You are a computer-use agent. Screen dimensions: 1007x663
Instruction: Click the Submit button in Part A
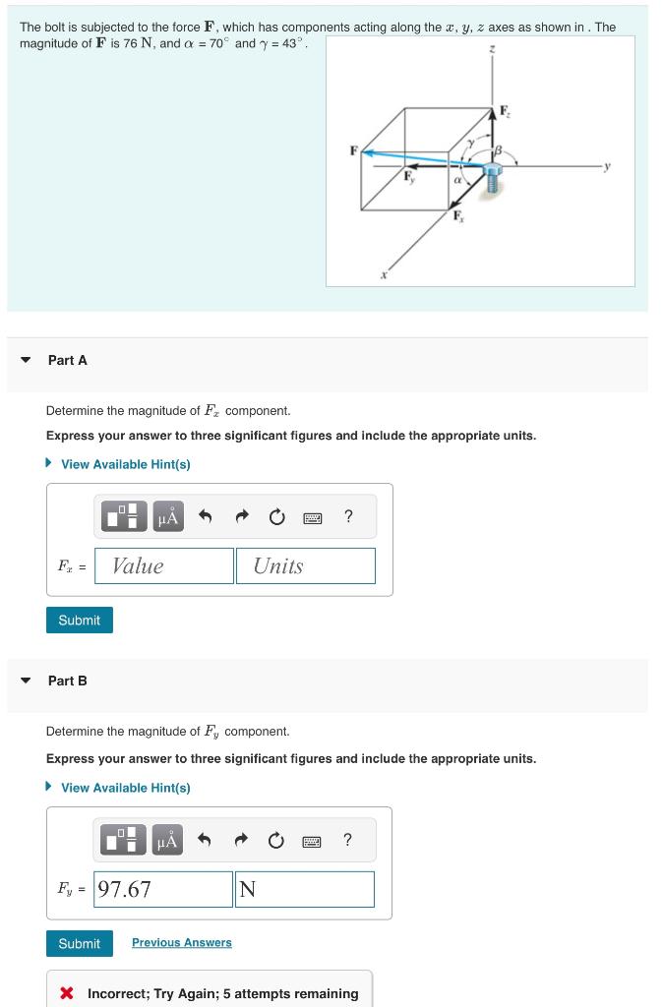[x=79, y=621]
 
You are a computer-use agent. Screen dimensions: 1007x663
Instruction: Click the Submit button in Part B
[x=79, y=943]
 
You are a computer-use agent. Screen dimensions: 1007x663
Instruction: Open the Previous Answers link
[x=182, y=943]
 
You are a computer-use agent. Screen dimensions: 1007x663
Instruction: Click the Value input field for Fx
[x=164, y=565]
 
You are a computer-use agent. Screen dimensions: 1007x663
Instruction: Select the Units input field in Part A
[x=305, y=565]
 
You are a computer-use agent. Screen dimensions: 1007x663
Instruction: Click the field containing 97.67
[x=164, y=889]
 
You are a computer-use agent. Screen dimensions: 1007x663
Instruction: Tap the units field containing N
[x=305, y=889]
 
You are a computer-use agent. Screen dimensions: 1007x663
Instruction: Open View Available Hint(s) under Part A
[x=125, y=464]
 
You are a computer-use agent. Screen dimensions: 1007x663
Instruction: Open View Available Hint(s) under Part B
[x=125, y=788]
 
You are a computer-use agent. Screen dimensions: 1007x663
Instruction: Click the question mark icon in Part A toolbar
[x=348, y=516]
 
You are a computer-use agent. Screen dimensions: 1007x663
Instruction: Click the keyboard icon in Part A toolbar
[x=313, y=517]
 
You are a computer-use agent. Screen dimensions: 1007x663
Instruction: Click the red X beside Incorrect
[x=67, y=993]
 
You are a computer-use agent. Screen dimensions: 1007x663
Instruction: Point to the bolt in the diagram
[x=492, y=178]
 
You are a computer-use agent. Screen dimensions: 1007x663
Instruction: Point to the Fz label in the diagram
[x=506, y=111]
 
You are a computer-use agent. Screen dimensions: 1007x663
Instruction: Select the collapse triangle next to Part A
[x=26, y=360]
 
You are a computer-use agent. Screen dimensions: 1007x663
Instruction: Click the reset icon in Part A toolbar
[x=277, y=517]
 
